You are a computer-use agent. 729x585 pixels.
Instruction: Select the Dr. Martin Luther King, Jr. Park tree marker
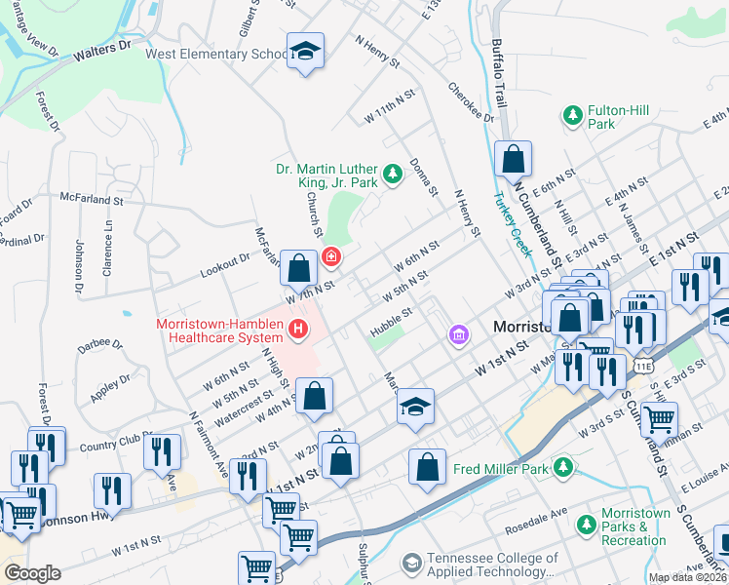(x=392, y=175)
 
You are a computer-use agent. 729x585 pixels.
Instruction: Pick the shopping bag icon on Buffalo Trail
(x=513, y=159)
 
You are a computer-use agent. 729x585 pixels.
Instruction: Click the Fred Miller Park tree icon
(x=562, y=469)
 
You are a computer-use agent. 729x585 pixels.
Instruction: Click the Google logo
(x=31, y=573)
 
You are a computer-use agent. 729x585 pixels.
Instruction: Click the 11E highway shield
(x=643, y=365)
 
